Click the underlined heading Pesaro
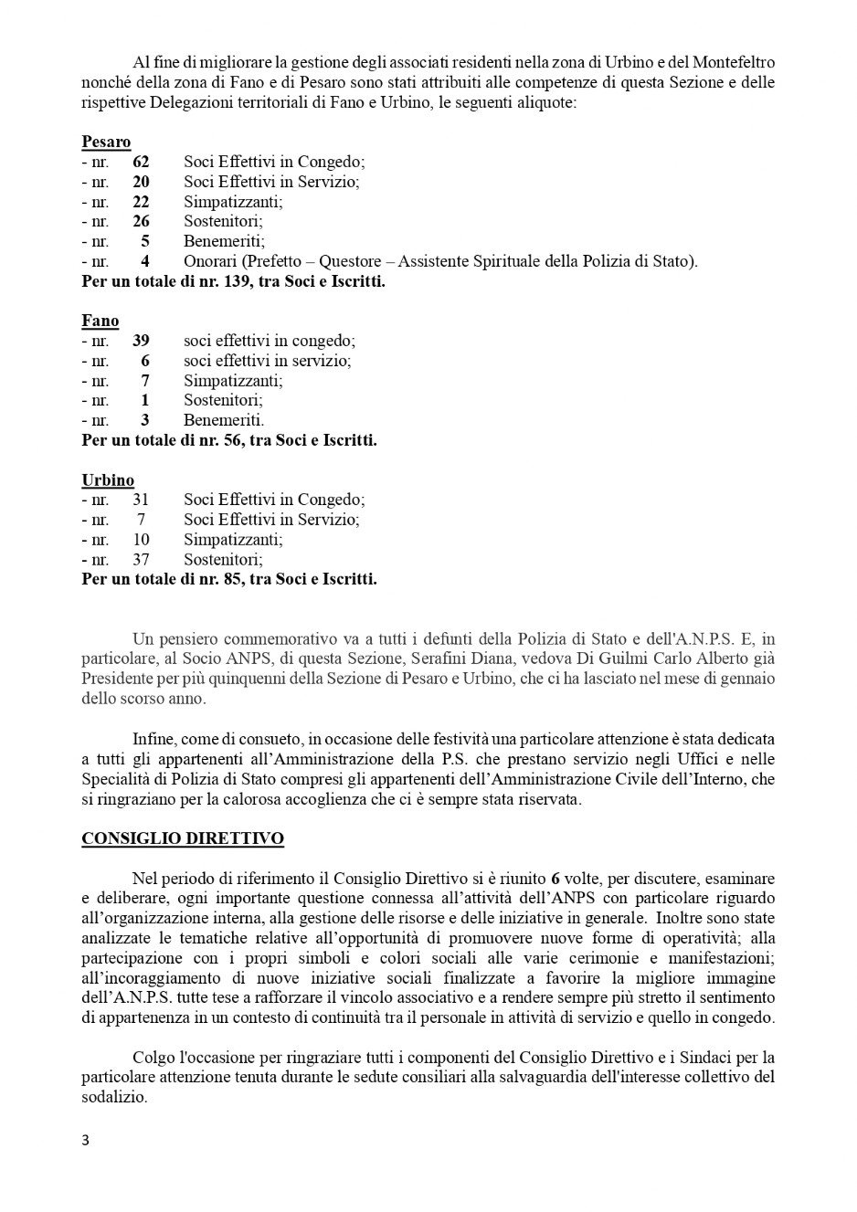click(x=106, y=142)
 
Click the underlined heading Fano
click(x=101, y=321)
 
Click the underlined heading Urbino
click(x=108, y=480)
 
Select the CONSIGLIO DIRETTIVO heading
click(x=183, y=838)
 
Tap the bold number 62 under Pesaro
click(x=141, y=163)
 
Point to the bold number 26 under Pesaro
click(x=141, y=222)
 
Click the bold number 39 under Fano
click(x=141, y=342)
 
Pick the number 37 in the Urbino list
click(x=141, y=560)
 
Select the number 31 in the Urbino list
click(x=141, y=501)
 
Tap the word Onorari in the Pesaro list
click(x=210, y=262)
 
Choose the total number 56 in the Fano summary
click(x=233, y=440)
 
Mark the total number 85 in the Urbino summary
click(x=233, y=579)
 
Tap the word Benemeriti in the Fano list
click(x=223, y=421)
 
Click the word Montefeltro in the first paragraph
click(x=734, y=63)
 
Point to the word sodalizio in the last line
click(x=113, y=1097)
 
